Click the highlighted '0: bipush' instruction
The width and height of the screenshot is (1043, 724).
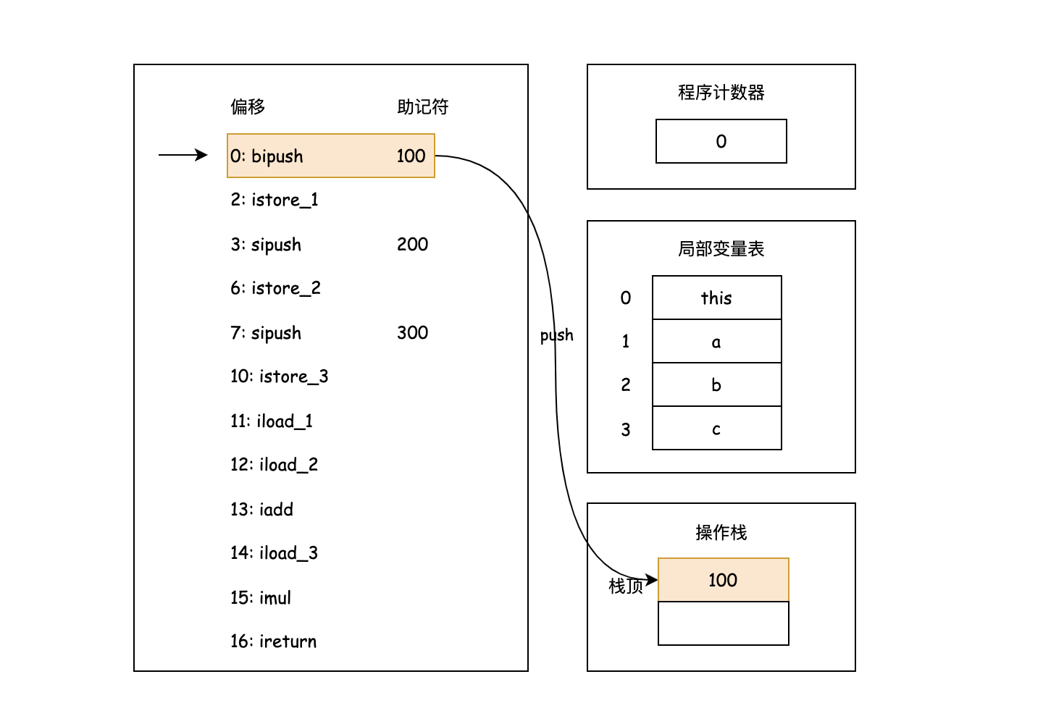267,156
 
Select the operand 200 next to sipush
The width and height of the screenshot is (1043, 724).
412,245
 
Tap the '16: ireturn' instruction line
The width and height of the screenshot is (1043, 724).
273,641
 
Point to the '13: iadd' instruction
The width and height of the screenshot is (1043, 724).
261,510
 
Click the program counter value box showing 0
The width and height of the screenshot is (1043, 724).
721,141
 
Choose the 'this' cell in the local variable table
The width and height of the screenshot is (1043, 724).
716,298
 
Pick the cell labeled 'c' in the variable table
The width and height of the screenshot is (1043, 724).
716,429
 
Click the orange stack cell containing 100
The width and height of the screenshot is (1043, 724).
723,580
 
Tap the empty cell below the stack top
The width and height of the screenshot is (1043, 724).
723,623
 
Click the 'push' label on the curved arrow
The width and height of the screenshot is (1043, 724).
556,335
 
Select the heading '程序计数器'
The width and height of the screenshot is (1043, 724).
721,93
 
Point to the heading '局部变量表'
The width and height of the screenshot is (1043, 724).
721,249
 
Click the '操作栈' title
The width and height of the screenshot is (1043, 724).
721,533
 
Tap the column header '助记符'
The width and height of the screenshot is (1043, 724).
422,107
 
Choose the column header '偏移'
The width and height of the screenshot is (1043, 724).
248,107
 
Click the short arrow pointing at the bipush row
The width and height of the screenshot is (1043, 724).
183,155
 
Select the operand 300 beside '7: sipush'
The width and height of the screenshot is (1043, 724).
412,333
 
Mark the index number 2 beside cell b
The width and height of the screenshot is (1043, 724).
626,385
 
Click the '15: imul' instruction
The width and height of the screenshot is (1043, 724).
261,598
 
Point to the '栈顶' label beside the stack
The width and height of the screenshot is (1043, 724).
625,586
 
